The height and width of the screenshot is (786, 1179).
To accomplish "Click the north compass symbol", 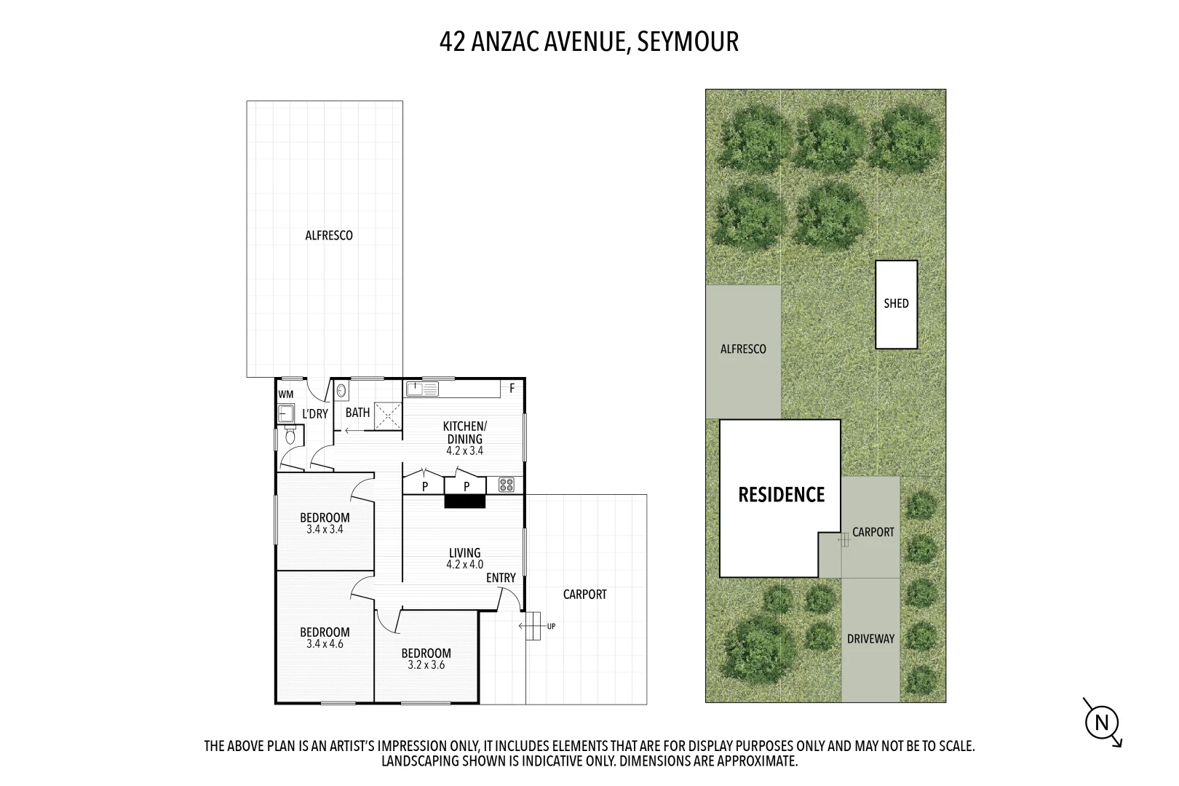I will click(x=1102, y=723).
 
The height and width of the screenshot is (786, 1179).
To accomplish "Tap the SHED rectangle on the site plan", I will click(x=896, y=304).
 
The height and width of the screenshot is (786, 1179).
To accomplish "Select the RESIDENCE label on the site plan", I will click(x=781, y=495).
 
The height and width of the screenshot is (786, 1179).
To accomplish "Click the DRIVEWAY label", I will click(x=870, y=639).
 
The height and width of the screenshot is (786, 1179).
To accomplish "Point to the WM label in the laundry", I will click(x=286, y=394).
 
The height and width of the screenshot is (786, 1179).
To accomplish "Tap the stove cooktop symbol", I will click(x=507, y=484).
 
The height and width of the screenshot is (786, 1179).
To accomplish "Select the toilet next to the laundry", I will click(x=290, y=437).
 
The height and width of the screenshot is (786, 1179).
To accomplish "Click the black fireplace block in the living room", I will click(x=465, y=501).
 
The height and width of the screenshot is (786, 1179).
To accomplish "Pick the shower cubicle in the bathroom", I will click(x=388, y=416).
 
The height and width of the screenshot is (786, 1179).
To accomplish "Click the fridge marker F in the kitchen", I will click(x=512, y=389).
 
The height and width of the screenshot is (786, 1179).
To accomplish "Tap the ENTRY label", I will click(x=501, y=578).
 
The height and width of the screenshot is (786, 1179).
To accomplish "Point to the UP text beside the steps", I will click(x=551, y=626).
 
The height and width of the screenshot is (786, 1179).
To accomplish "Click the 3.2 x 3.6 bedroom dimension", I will click(x=426, y=664).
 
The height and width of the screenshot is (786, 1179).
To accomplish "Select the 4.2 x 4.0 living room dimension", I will click(x=464, y=564).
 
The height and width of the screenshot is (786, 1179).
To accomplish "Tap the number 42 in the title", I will click(x=452, y=41).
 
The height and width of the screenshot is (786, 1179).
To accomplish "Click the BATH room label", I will click(x=357, y=413).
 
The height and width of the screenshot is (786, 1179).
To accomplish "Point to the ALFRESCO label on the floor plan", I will click(x=328, y=235).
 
